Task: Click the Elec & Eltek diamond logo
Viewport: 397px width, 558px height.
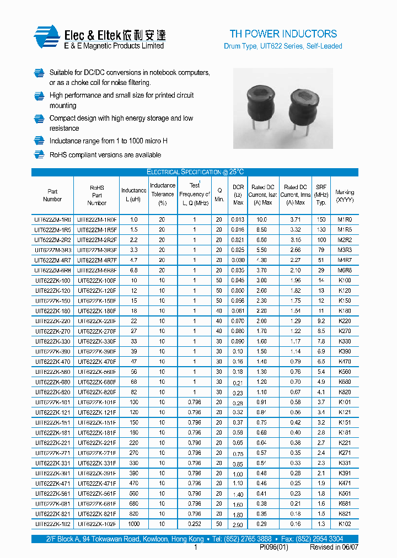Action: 46,37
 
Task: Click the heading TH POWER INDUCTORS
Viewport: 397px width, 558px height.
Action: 283,34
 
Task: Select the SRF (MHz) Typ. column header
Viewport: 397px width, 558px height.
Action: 321,195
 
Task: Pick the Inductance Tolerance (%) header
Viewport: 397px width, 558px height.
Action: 163,194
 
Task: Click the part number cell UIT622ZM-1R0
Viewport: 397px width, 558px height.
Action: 52,219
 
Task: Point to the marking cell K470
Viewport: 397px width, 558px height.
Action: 345,362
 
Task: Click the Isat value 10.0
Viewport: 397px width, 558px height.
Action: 262,219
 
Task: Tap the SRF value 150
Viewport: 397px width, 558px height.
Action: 321,219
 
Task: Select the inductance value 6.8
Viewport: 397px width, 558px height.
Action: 134,270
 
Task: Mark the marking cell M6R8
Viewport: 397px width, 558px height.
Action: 345,270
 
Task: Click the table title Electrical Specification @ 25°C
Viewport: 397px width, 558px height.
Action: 195,172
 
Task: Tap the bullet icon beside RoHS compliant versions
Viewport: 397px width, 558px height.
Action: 39,155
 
